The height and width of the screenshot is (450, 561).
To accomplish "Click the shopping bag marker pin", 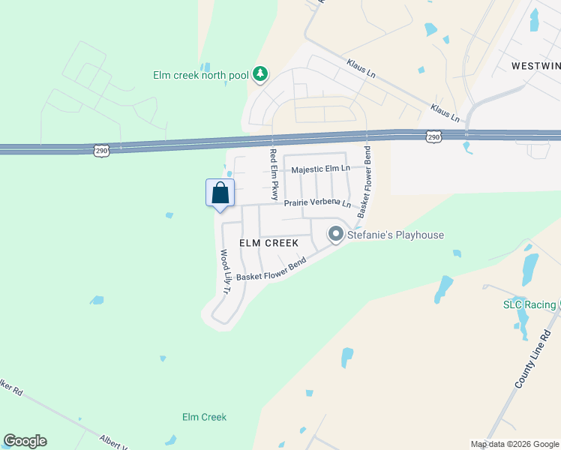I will pos(220,193).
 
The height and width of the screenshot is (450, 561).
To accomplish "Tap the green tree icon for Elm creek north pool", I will pos(259,73).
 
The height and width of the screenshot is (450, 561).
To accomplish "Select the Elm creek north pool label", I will pos(200,75).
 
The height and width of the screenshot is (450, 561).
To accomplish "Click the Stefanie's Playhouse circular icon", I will pos(335,235).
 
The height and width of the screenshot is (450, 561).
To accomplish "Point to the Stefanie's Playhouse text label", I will pos(394,235).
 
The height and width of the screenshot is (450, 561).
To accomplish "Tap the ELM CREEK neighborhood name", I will pos(268,243).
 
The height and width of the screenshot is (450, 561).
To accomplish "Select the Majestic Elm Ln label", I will pos(321,169).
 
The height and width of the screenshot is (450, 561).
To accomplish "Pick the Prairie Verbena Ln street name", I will pos(316,203).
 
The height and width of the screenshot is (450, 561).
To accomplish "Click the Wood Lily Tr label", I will pos(225,271).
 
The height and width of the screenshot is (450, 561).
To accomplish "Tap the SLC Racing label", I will pos(529,304).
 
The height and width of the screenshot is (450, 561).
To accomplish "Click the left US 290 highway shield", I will pos(102,151).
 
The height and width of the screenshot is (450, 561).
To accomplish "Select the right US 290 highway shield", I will pos(433,136).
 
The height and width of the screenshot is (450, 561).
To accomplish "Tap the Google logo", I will pos(25,441).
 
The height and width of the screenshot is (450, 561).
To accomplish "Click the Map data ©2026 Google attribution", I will pos(514,444).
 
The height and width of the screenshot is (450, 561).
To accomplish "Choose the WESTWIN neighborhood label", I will pos(535,66).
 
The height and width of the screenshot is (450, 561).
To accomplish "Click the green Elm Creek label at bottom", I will pos(204,417).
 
